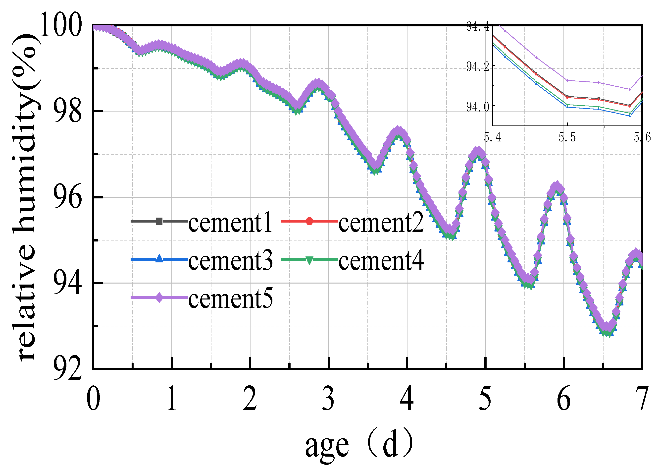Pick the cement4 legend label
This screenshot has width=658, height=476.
[x=381, y=260]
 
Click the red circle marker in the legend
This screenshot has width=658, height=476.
[x=309, y=221]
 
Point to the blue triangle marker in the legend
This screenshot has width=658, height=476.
[x=159, y=258]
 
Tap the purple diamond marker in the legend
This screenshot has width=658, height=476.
[x=159, y=298]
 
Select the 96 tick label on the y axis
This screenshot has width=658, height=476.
[x=67, y=197]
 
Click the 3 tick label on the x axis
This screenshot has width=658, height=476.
[x=328, y=399]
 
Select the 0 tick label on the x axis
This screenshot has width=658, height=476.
[x=94, y=399]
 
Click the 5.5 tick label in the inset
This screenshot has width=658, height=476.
[x=567, y=137]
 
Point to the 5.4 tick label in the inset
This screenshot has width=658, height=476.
[x=493, y=137]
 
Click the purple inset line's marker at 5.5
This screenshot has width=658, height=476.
[x=567, y=80]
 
